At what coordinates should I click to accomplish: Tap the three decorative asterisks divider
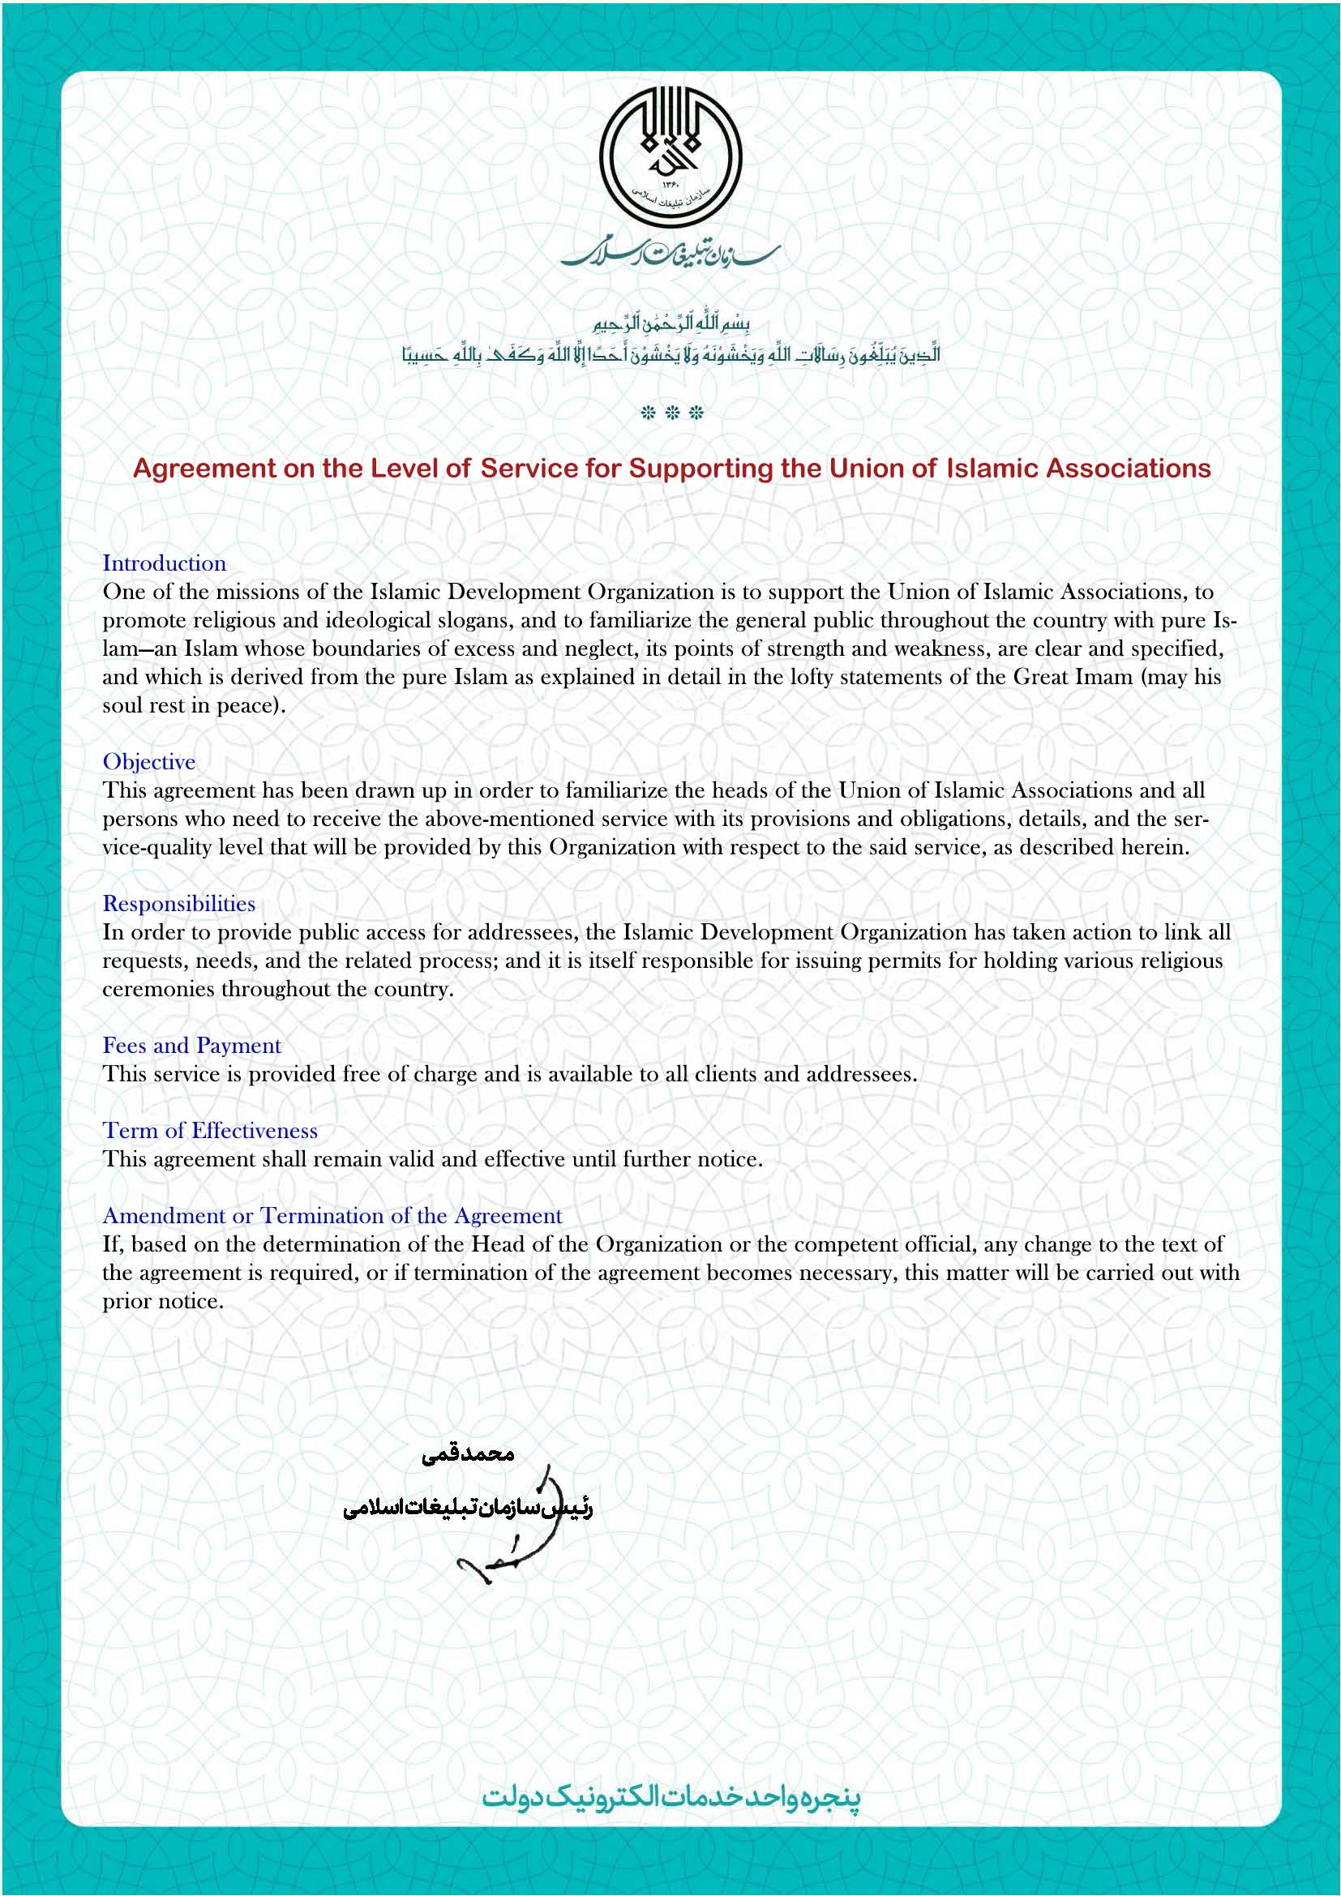(x=671, y=413)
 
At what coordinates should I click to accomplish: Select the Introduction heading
(x=165, y=564)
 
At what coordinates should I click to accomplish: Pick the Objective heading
(x=148, y=762)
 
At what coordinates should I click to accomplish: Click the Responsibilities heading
(x=178, y=905)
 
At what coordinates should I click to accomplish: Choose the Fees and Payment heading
(x=191, y=1046)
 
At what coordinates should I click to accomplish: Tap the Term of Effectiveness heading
(x=210, y=1132)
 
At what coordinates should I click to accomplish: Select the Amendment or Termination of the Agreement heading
(x=332, y=1217)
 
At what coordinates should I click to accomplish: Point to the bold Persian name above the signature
(x=468, y=1455)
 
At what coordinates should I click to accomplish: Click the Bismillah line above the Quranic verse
(x=670, y=323)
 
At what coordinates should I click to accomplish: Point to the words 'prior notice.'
(x=163, y=1303)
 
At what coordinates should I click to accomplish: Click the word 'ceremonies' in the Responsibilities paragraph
(x=159, y=990)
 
